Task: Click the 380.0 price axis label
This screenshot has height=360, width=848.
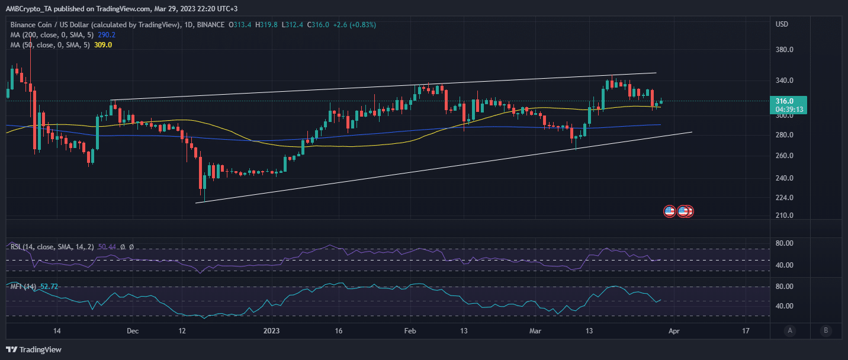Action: click(x=785, y=50)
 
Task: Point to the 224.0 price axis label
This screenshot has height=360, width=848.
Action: click(x=785, y=198)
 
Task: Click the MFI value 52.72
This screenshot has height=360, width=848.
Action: click(x=50, y=287)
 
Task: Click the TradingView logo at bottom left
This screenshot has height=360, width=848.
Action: click(x=34, y=349)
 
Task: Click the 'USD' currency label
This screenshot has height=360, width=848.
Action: click(x=782, y=24)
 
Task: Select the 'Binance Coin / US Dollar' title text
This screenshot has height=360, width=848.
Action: click(x=53, y=25)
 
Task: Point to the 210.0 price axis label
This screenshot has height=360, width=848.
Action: click(x=785, y=216)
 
